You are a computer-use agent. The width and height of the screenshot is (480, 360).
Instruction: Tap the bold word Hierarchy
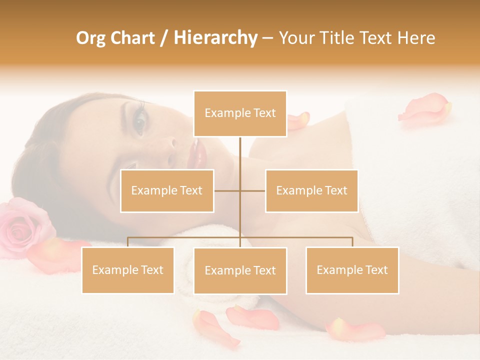(x=215, y=38)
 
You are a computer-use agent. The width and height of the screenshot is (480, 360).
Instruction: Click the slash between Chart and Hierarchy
(x=164, y=38)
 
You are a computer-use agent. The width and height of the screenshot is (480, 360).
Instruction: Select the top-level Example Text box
(x=240, y=113)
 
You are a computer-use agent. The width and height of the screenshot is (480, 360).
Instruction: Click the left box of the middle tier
(x=167, y=190)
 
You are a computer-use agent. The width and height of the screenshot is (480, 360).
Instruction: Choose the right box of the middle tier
(x=311, y=190)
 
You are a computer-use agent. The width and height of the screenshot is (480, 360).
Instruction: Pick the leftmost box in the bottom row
(x=128, y=270)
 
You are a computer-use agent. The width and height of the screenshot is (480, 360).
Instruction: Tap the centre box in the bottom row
(x=240, y=270)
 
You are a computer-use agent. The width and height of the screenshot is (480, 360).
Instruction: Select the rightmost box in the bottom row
(x=352, y=270)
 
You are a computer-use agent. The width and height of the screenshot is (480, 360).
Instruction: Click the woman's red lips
(x=197, y=154)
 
